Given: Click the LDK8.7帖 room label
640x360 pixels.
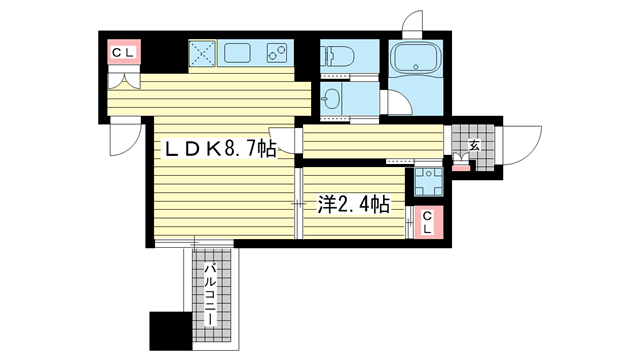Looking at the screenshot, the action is point(220,149).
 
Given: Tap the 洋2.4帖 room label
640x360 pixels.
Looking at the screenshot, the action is point(353,204).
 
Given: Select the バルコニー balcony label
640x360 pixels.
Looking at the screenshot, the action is point(210,295).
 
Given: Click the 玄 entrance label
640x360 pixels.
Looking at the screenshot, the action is point(474,145).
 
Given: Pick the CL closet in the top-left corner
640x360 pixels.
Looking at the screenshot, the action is point(124,51).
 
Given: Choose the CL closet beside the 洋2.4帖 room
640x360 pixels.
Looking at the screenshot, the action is point(428,222).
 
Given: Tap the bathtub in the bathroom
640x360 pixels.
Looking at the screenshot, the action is point(416,59).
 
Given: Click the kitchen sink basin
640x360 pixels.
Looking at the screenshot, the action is point(237,53).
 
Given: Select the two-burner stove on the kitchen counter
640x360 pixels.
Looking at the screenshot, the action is point(277,53).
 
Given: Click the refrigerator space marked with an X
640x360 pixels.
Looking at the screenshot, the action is point(202,53).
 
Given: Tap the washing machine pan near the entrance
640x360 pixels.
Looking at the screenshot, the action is point(429,181).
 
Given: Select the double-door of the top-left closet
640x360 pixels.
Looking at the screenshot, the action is point(124,80).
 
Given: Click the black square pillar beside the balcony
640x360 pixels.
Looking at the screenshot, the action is point(171,331).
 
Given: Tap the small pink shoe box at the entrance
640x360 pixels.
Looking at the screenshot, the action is point(461,166).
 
